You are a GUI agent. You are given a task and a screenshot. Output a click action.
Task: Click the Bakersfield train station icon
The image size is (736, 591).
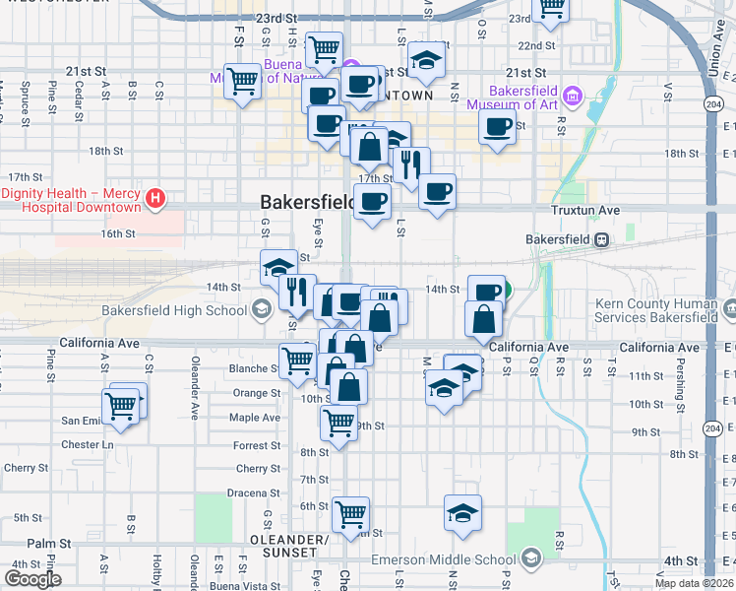click(599, 239)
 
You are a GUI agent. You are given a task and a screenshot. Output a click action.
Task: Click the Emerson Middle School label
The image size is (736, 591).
click(444, 559)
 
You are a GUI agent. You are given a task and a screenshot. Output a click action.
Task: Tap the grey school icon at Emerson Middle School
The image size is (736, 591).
click(531, 558)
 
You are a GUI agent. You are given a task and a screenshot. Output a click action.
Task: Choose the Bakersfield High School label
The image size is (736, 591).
click(175, 311)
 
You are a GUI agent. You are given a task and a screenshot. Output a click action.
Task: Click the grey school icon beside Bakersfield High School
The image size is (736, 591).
click(261, 310)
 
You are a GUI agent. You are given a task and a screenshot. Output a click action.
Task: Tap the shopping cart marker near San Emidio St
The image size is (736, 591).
click(121, 406)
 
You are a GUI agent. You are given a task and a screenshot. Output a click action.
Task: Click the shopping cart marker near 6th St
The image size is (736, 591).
click(350, 514)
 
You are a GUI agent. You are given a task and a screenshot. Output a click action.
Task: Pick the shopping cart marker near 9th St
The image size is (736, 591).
click(338, 424)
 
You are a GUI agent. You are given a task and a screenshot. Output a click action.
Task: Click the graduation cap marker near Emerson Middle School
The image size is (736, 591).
click(462, 512)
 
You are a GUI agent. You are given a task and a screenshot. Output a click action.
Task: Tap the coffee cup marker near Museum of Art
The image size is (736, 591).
click(498, 126)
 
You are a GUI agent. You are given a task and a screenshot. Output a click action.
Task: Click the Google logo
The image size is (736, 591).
click(31, 579)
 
